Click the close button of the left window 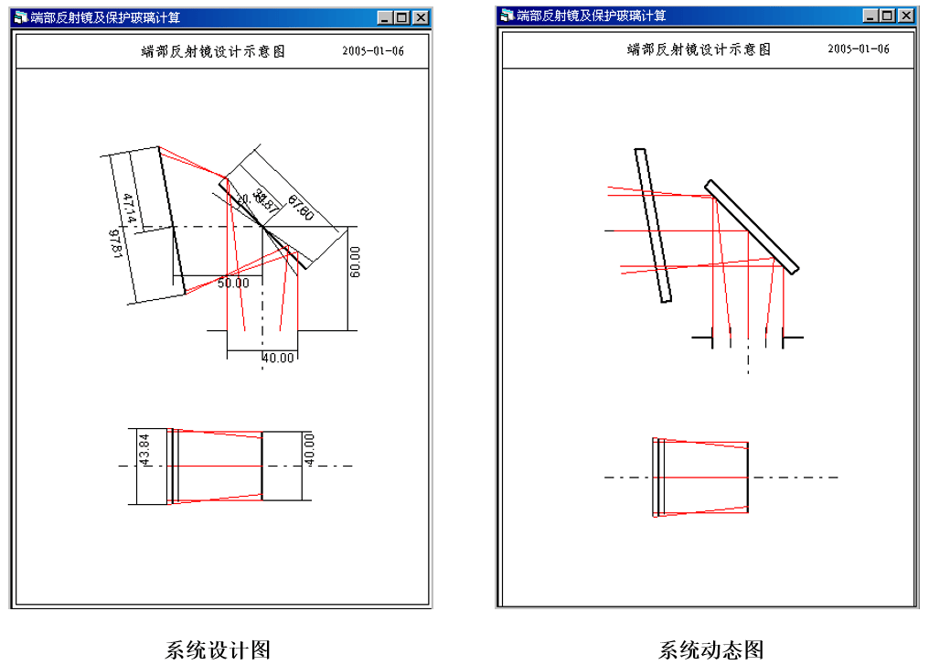pyautogui.click(x=421, y=17)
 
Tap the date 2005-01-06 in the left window pyautogui.click(x=373, y=51)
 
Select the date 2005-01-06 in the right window pyautogui.click(x=858, y=49)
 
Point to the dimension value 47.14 pyautogui.click(x=130, y=209)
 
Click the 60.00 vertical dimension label pyautogui.click(x=356, y=263)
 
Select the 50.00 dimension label pyautogui.click(x=233, y=284)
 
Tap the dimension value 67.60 pyautogui.click(x=300, y=209)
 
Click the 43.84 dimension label pyautogui.click(x=144, y=449)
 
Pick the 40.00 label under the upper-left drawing pyautogui.click(x=278, y=358)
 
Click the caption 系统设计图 pyautogui.click(x=218, y=649)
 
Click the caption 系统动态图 pyautogui.click(x=711, y=649)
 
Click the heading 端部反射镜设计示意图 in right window pyautogui.click(x=699, y=49)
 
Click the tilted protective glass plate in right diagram pyautogui.click(x=655, y=225)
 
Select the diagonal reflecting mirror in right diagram pyautogui.click(x=753, y=225)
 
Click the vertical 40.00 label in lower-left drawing pyautogui.click(x=309, y=450)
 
